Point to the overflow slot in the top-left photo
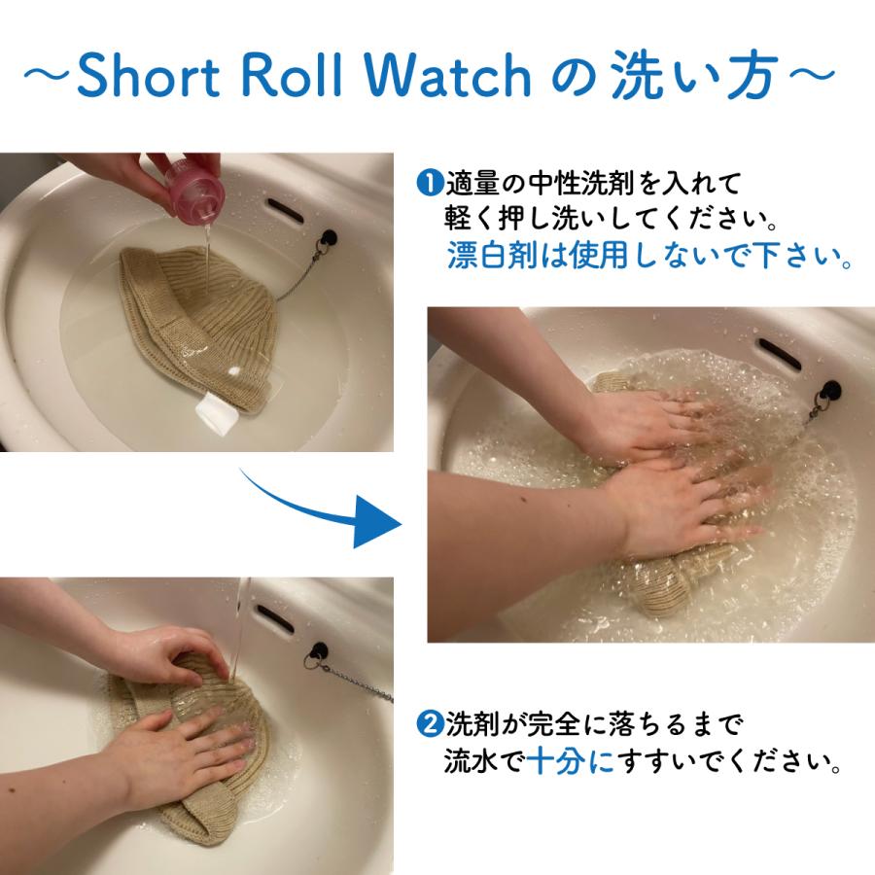[x=286, y=207]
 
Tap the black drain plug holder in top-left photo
[x=330, y=237]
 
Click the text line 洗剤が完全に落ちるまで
[x=593, y=725]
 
